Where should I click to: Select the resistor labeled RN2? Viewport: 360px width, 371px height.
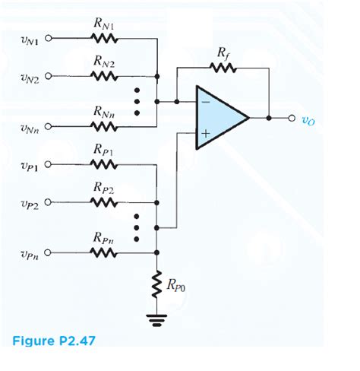pyautogui.click(x=103, y=75)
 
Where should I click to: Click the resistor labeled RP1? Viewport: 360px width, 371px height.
pyautogui.click(x=103, y=164)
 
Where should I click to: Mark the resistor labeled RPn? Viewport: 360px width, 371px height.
pyautogui.click(x=103, y=253)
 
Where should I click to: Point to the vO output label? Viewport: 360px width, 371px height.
pyautogui.click(x=308, y=119)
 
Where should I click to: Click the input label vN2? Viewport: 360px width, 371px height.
pyautogui.click(x=26, y=76)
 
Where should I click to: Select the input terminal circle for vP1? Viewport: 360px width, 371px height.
pyautogui.click(x=50, y=164)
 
